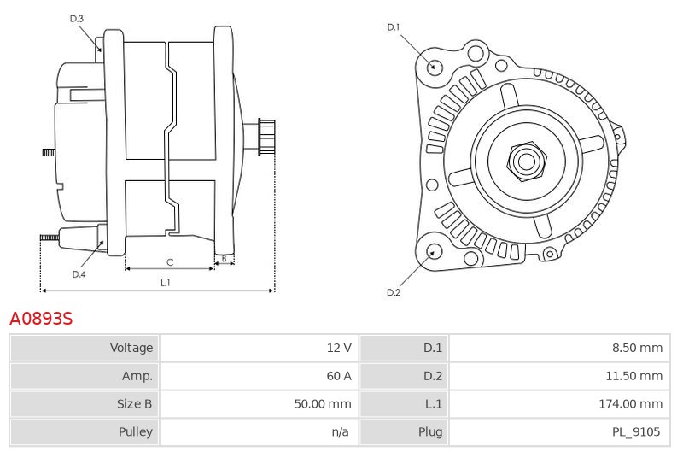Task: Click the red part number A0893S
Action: click(41, 319)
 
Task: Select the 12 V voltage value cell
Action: click(339, 348)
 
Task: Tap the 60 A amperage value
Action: click(339, 376)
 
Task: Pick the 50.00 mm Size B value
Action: click(323, 403)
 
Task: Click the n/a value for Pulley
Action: click(340, 431)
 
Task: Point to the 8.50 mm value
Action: click(637, 348)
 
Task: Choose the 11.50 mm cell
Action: click(633, 376)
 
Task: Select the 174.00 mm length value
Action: click(631, 403)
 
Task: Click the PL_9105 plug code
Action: click(636, 431)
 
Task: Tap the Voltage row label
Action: click(131, 348)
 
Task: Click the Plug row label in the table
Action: click(430, 431)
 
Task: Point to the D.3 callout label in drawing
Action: click(76, 18)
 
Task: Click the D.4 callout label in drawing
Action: click(79, 274)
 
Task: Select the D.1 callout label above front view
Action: click(394, 27)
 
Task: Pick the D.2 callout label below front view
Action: click(394, 292)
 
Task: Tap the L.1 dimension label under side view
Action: click(166, 283)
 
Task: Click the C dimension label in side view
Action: click(170, 262)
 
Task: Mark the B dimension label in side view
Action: click(224, 259)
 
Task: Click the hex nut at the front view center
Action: click(526, 161)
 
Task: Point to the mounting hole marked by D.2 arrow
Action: click(433, 252)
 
